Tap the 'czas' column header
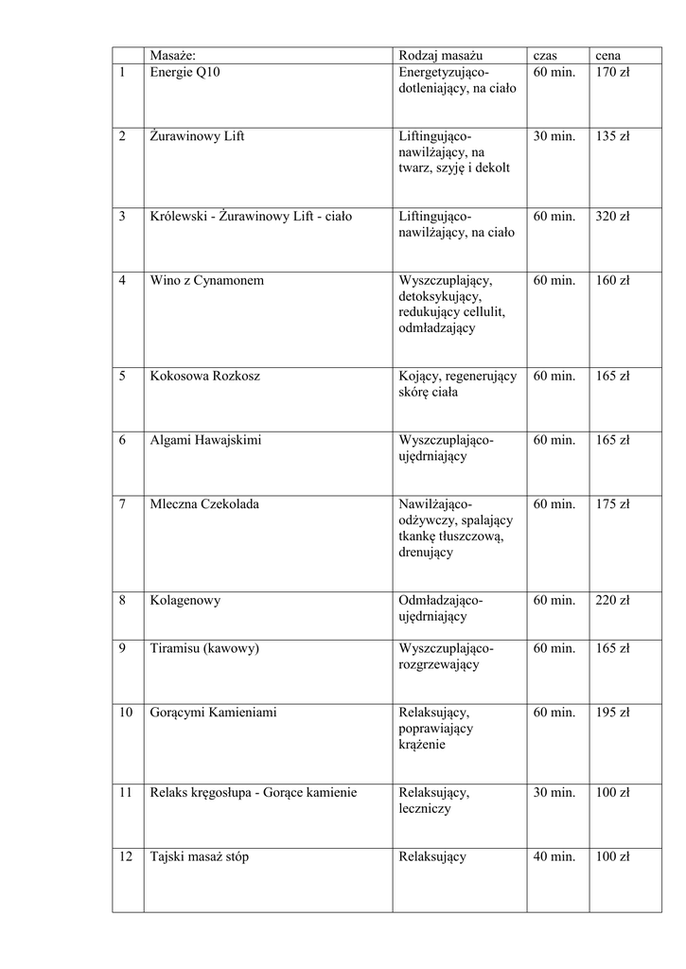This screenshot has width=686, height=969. point(546,56)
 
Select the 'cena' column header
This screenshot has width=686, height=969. point(607,56)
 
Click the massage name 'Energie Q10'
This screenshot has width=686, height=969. point(185,72)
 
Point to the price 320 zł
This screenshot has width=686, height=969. point(612,216)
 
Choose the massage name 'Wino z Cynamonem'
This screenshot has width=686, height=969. point(206,280)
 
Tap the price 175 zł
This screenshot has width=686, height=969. point(612,503)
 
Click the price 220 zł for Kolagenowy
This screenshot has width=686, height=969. point(612,600)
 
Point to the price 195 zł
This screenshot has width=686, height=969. point(612,712)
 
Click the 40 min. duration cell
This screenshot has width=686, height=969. point(554,856)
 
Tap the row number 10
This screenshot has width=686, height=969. point(126,712)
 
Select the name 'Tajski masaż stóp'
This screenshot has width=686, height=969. point(200,856)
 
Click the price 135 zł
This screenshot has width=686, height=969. point(612,136)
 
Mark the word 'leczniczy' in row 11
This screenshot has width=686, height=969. point(425,809)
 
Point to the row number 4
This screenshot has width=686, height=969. point(123,280)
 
